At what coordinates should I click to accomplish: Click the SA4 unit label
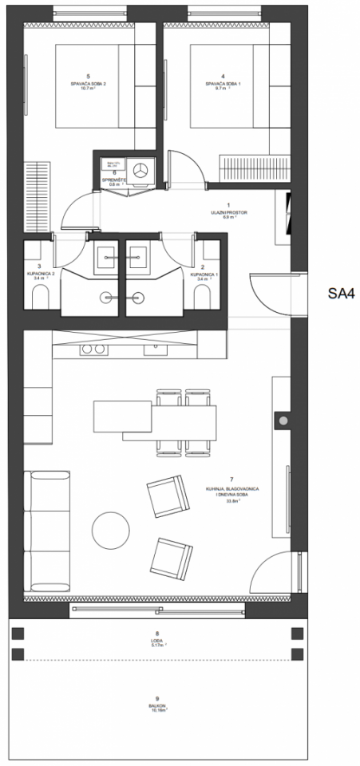[x=340, y=293]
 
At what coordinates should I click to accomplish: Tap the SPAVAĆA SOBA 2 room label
[x=89, y=83]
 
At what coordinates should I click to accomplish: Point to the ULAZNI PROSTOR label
[x=227, y=211]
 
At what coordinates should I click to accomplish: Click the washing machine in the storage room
[x=142, y=169]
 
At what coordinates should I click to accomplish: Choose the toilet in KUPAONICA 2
[x=38, y=298]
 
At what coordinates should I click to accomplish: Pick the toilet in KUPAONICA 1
[x=203, y=298]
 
